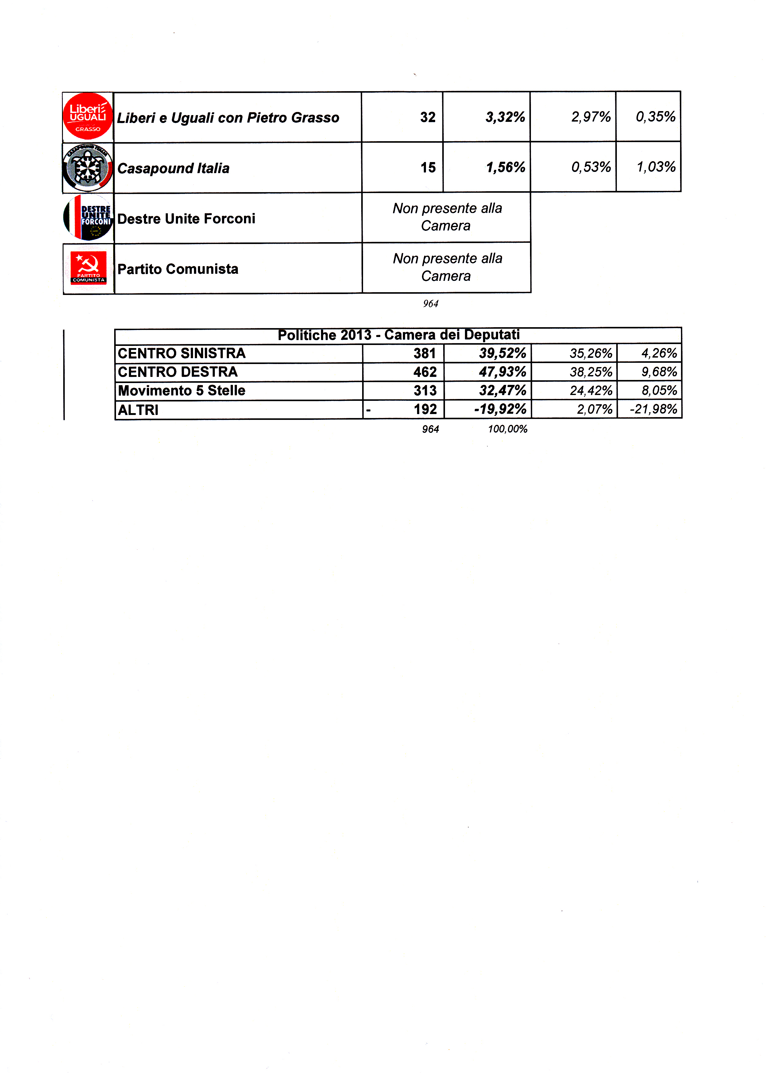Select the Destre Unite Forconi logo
point(88,217)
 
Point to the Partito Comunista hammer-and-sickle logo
point(88,268)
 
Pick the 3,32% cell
point(505,117)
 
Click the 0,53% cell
point(591,167)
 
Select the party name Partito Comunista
point(178,269)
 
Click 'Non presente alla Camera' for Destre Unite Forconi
point(447,217)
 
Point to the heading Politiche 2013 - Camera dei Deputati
point(399,335)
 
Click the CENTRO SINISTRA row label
point(182,353)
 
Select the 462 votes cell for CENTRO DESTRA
point(425,372)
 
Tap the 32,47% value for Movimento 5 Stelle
point(503,390)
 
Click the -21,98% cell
point(653,409)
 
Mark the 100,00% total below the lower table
point(508,429)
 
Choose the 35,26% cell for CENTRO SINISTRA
point(591,353)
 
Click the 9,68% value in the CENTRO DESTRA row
point(659,372)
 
